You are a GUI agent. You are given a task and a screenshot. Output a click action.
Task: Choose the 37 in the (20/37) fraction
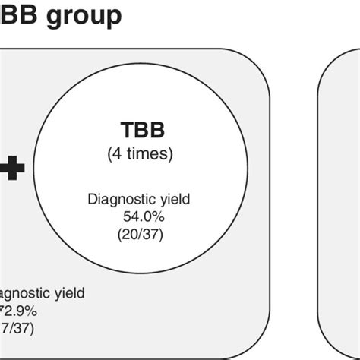click(151, 234)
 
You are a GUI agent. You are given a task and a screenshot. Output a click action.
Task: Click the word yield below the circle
click(69, 293)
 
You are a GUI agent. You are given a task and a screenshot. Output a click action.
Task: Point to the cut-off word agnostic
click(23, 293)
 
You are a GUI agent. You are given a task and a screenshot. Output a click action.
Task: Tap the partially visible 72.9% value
click(16, 311)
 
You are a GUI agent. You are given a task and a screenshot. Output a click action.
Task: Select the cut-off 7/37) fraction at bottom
click(16, 328)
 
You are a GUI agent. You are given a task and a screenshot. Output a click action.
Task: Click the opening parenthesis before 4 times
click(109, 153)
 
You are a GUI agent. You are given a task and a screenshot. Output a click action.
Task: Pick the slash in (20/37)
click(141, 234)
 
